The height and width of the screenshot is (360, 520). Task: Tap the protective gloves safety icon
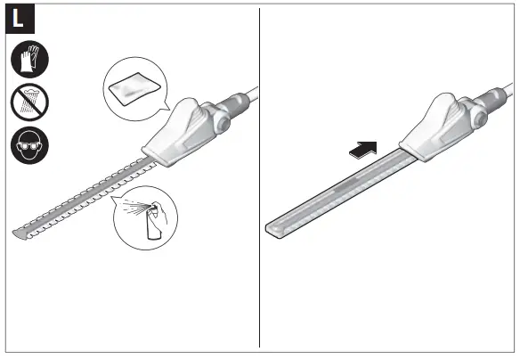[31, 61]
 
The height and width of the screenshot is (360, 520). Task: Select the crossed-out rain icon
[31, 102]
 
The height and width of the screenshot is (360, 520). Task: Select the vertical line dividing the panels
[259, 178]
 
